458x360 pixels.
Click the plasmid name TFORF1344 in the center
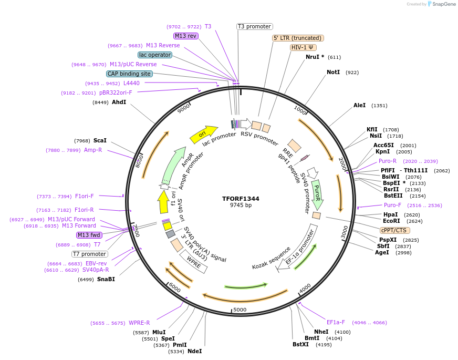(x=241, y=199)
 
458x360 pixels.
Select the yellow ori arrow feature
(x=203, y=135)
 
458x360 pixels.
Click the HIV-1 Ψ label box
(x=304, y=47)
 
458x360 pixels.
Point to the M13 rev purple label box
(x=185, y=36)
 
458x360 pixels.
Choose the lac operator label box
(x=155, y=55)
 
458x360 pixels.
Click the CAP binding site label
(x=129, y=74)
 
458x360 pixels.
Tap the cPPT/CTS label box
(x=395, y=230)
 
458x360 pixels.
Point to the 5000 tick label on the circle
(x=240, y=310)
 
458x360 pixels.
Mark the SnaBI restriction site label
(x=106, y=279)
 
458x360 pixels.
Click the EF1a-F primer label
(x=336, y=322)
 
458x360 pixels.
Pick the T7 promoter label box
(x=90, y=254)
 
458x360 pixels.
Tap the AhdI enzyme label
(x=119, y=102)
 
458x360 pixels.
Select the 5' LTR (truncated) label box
(x=298, y=38)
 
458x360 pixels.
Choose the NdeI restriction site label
(x=194, y=351)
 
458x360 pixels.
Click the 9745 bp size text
(x=241, y=205)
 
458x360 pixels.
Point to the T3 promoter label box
(x=254, y=26)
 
